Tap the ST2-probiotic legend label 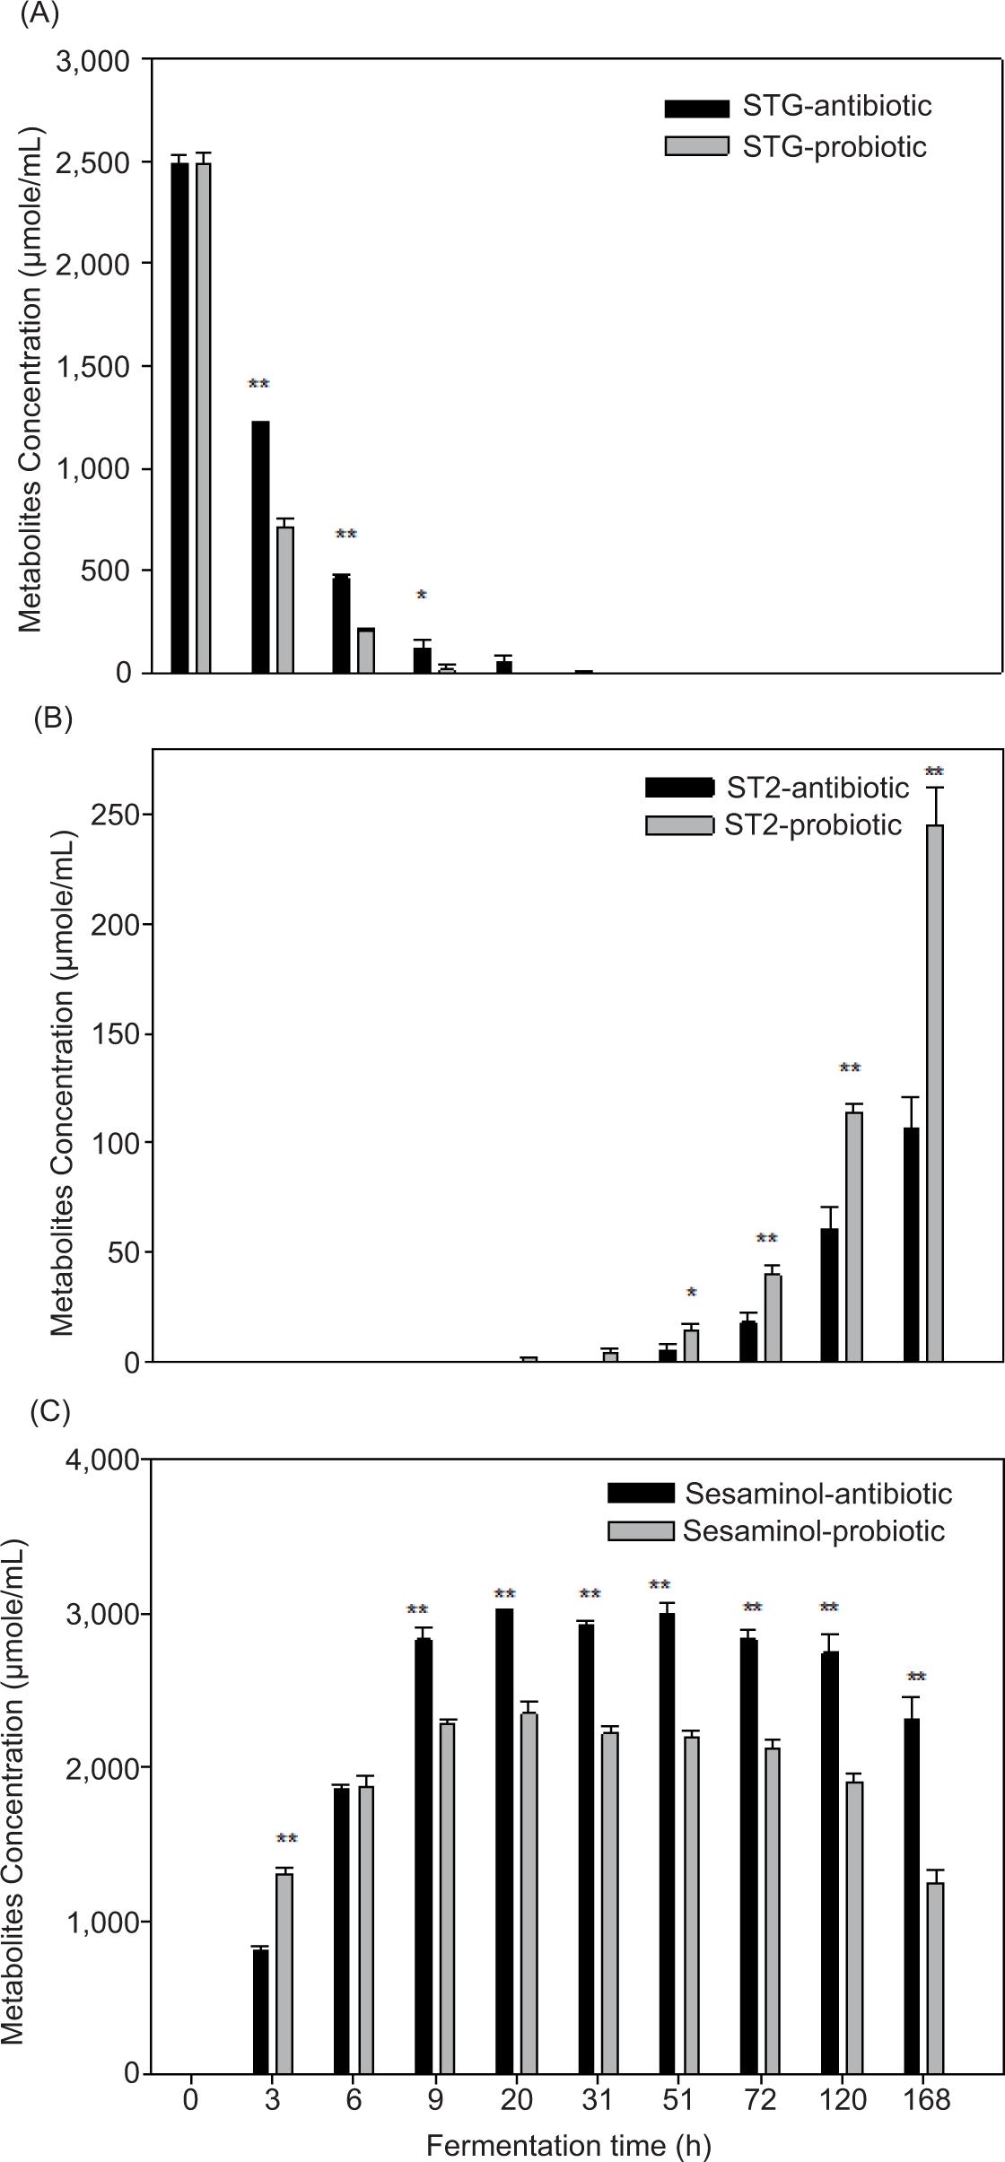tap(812, 824)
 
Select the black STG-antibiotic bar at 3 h tap(260, 547)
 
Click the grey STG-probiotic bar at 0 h tap(204, 418)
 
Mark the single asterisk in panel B tap(691, 1293)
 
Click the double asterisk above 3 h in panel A tap(258, 385)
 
